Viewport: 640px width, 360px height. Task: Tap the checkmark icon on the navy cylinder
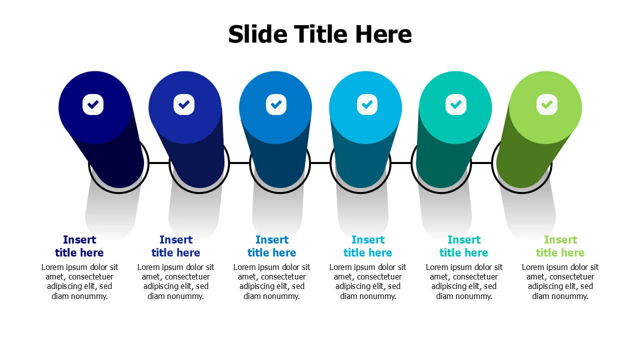pyautogui.click(x=93, y=104)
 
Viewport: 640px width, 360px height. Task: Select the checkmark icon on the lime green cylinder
pyautogui.click(x=547, y=104)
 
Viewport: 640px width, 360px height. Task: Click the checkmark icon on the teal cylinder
pyautogui.click(x=455, y=104)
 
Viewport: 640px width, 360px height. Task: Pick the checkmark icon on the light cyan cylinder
pyautogui.click(x=367, y=104)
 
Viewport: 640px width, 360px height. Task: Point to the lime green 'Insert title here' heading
pyautogui.click(x=560, y=246)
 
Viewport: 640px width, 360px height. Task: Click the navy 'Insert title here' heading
pyautogui.click(x=79, y=246)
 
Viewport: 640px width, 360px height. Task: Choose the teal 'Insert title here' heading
pyautogui.click(x=464, y=246)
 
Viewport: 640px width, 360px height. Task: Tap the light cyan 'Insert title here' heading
pyautogui.click(x=368, y=246)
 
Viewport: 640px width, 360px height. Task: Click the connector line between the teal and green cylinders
pyautogui.click(x=481, y=162)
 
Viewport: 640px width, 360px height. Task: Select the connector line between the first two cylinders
pyautogui.click(x=159, y=162)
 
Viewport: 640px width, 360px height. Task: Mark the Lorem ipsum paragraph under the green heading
pyautogui.click(x=560, y=281)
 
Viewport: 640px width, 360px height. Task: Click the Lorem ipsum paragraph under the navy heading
pyautogui.click(x=79, y=281)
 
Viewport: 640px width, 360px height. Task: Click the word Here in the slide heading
pyautogui.click(x=383, y=34)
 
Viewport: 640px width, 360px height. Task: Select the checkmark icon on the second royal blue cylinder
pyautogui.click(x=184, y=104)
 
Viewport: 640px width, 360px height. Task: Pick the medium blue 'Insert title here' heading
pyautogui.click(x=272, y=246)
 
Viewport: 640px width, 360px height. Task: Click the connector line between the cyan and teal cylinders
pyautogui.click(x=401, y=162)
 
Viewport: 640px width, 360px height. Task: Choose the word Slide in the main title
pyautogui.click(x=257, y=34)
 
